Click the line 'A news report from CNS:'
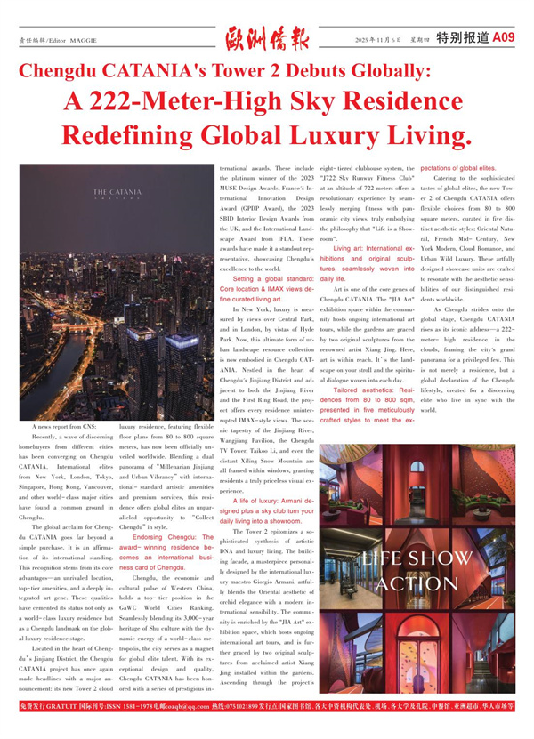63,453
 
